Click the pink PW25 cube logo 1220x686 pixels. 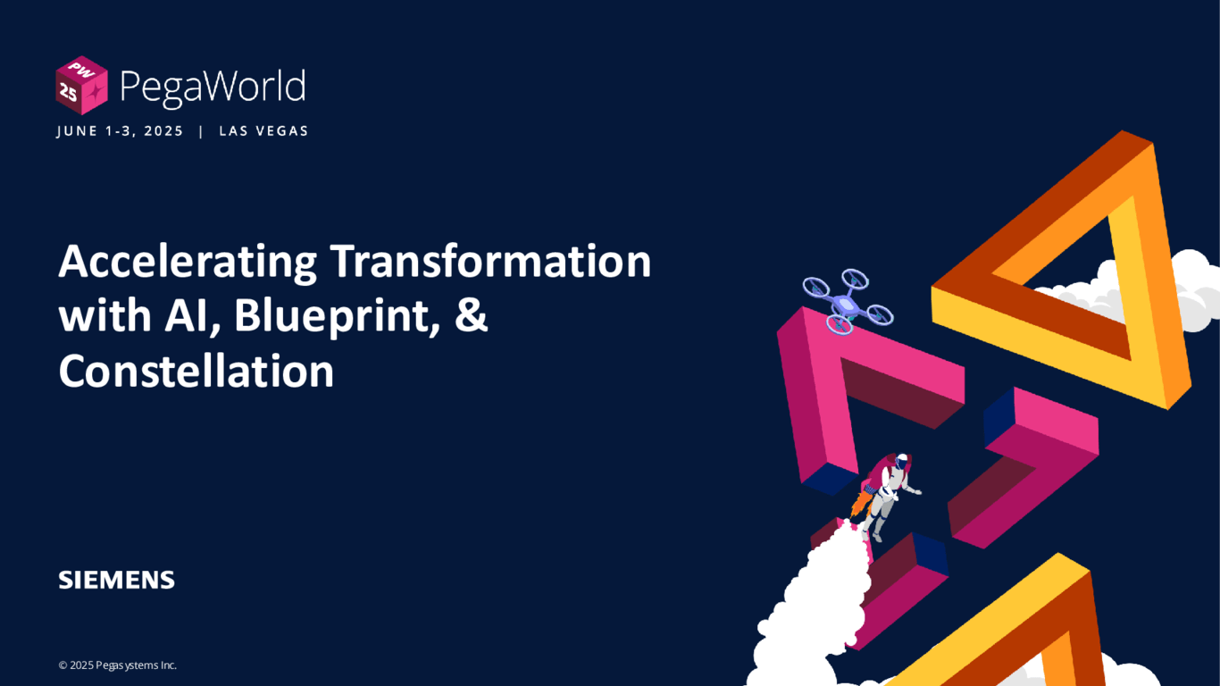pos(81,86)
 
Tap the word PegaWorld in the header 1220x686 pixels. pos(212,88)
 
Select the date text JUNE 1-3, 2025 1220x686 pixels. pos(120,131)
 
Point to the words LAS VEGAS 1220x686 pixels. pos(263,131)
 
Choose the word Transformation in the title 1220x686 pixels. pos(490,263)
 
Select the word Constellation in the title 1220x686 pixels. pos(196,372)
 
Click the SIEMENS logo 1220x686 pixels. pos(116,580)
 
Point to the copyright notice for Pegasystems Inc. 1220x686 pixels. pos(118,665)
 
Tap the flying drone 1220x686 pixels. pos(847,300)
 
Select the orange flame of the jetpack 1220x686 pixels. pos(861,504)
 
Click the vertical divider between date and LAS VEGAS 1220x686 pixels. pos(201,131)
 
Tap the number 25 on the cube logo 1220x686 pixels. pos(68,92)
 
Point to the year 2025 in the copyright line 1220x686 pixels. pos(81,665)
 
